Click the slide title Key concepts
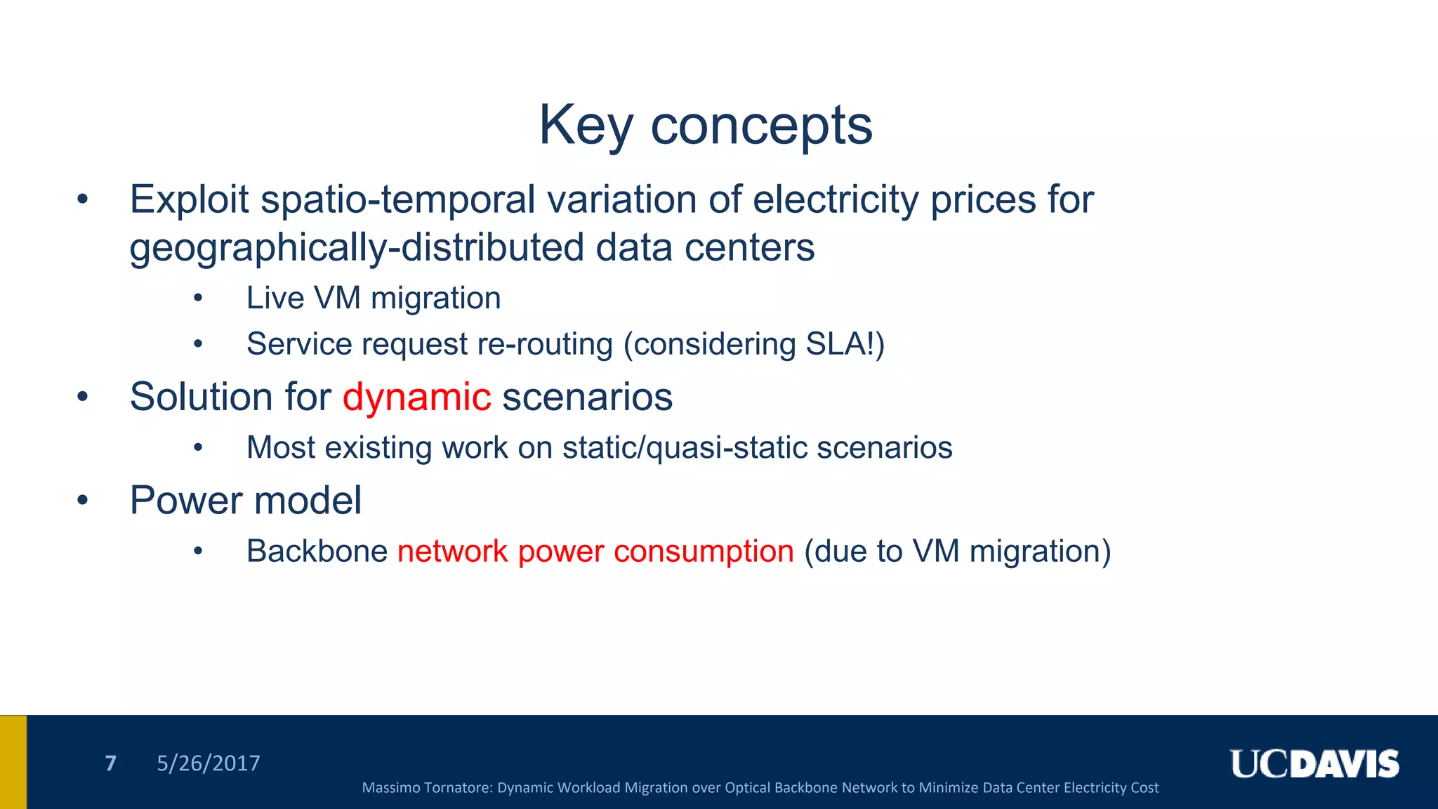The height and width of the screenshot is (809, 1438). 705,125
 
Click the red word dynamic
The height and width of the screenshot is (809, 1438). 416,397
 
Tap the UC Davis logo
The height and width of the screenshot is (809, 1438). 1314,764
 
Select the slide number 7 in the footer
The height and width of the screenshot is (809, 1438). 110,763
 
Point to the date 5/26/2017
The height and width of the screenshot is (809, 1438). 208,763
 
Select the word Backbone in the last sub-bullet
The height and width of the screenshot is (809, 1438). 317,551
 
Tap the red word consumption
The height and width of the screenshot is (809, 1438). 704,551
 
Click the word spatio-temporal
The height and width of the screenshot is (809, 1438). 398,199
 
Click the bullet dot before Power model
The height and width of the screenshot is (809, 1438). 83,501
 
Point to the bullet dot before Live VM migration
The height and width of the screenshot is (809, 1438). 199,298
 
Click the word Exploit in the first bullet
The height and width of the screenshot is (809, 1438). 189,199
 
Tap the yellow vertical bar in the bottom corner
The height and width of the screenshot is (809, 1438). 13,762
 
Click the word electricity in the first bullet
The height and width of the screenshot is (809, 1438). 835,199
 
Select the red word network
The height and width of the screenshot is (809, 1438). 452,551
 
